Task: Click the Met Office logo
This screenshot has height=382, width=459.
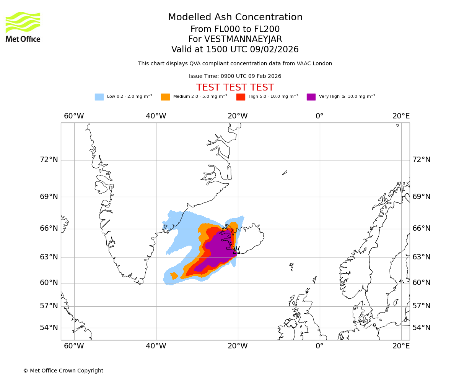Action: [23, 27]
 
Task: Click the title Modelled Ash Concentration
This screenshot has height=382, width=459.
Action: [235, 18]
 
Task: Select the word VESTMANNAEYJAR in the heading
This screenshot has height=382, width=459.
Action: [243, 39]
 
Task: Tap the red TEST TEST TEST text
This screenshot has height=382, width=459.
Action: [235, 88]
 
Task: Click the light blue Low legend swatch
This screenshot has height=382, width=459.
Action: [99, 97]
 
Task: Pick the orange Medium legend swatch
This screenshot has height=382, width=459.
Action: [165, 97]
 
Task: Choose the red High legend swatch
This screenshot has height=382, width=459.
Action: [241, 97]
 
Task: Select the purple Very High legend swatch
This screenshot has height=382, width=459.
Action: [311, 97]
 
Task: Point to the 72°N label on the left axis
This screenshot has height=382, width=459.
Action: [49, 160]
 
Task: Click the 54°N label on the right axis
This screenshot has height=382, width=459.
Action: [421, 328]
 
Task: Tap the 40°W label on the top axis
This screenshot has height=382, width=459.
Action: [156, 116]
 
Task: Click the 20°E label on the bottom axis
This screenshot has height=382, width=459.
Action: [401, 346]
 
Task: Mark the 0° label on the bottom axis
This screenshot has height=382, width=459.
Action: [319, 346]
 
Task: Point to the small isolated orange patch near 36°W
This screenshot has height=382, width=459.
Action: [174, 275]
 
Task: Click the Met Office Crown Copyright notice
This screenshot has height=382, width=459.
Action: [63, 371]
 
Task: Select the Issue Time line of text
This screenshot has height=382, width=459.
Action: [235, 76]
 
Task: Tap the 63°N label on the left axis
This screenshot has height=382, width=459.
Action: [49, 257]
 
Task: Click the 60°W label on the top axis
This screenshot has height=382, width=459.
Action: [74, 116]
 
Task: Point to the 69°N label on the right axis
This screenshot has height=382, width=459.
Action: [421, 197]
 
